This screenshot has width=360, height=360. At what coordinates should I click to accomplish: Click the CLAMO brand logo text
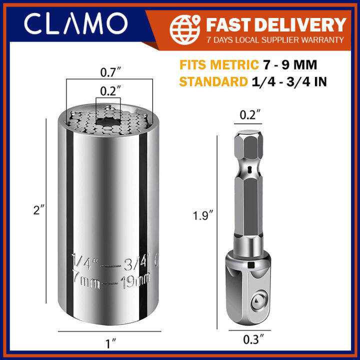pyautogui.click(x=76, y=23)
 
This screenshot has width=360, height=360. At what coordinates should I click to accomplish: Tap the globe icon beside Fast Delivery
pyautogui.click(x=185, y=29)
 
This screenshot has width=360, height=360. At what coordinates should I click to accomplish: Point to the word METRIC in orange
pyautogui.click(x=234, y=64)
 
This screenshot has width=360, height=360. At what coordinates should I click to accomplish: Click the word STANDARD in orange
pyautogui.click(x=213, y=81)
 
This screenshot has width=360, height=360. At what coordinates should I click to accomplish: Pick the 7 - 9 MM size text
pyautogui.click(x=289, y=64)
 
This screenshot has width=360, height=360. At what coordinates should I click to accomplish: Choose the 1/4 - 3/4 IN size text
pyautogui.click(x=289, y=82)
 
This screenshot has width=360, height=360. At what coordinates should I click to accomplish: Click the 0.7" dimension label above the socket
pyautogui.click(x=110, y=72)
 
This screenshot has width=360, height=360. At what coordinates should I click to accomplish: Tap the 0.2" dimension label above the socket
pyautogui.click(x=110, y=91)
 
